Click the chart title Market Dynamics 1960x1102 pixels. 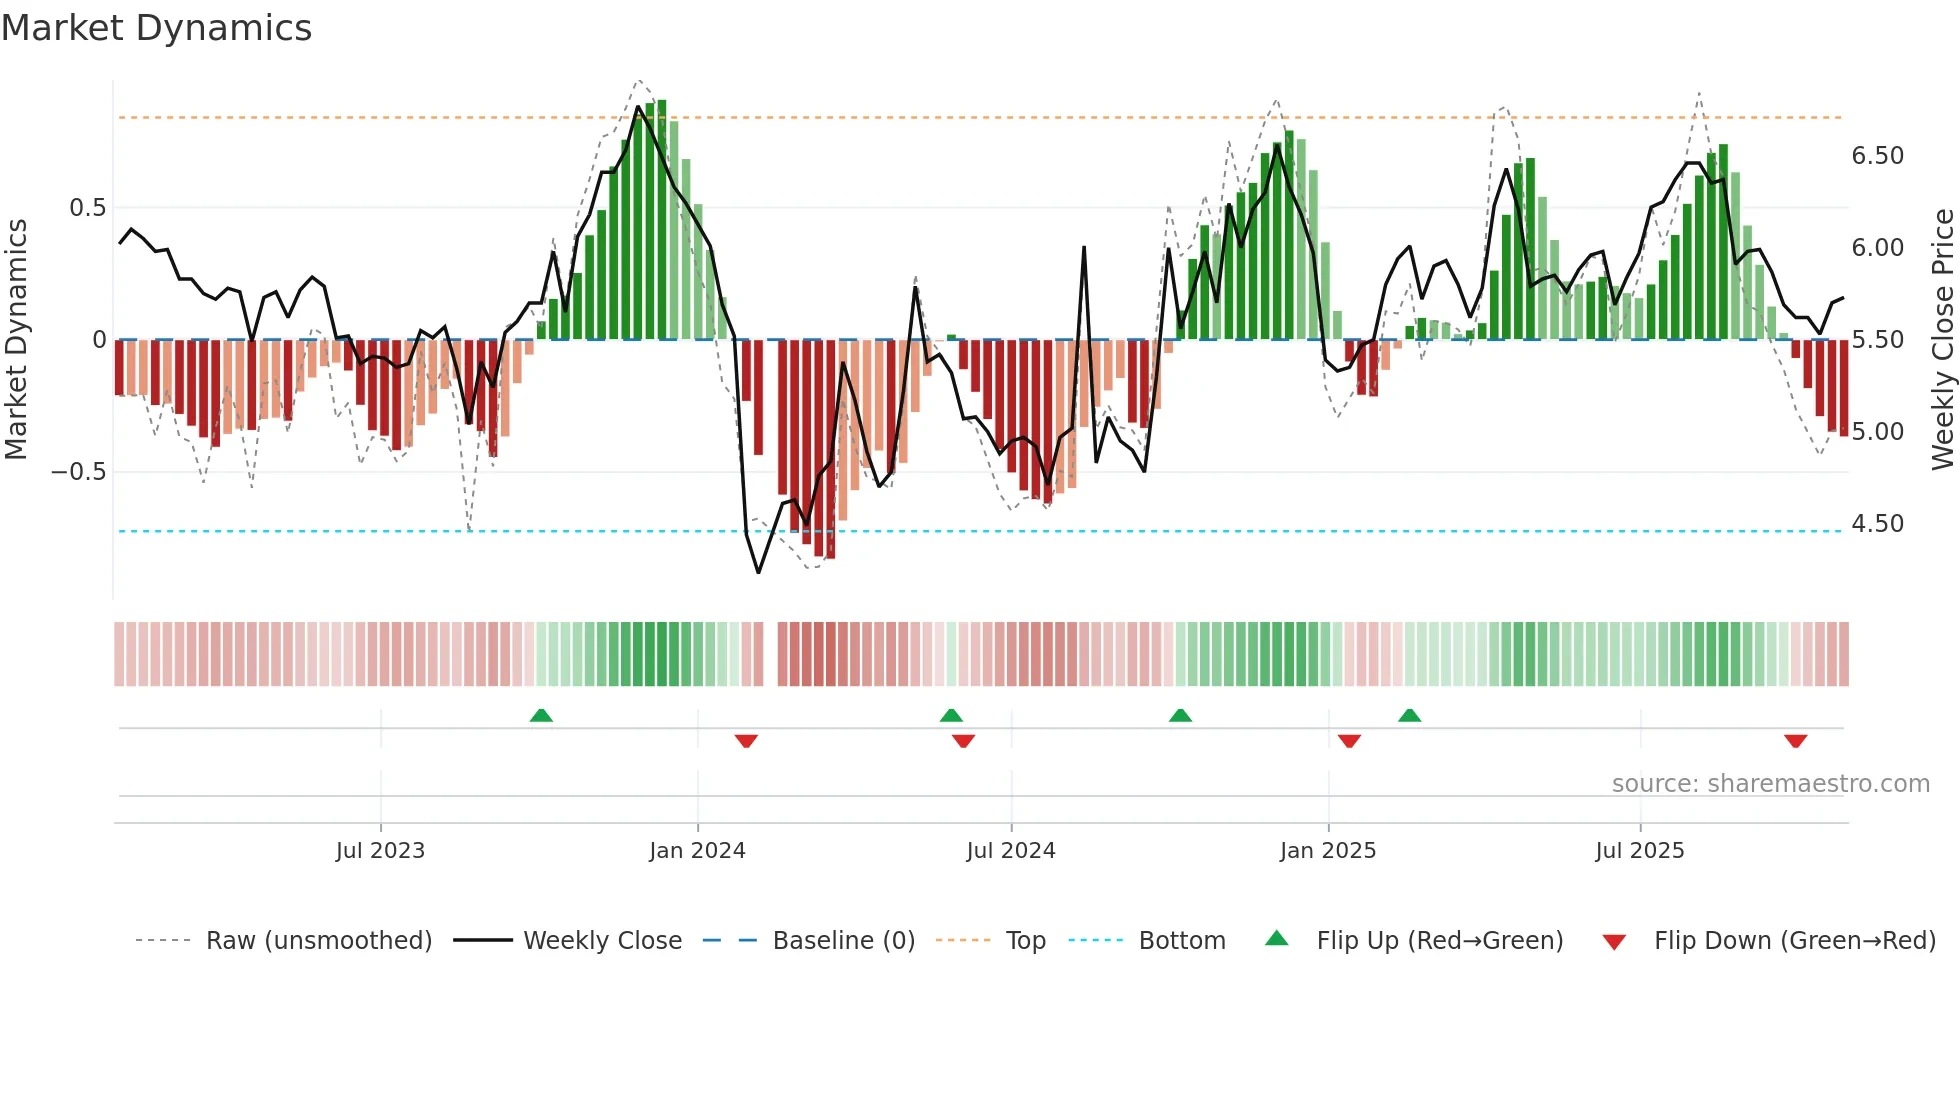click(157, 28)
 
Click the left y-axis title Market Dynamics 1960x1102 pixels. click(16, 340)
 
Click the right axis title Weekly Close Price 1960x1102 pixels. click(1942, 340)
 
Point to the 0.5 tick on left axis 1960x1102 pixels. click(87, 208)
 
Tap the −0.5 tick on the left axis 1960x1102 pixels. click(79, 472)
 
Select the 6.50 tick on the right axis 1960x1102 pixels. click(1877, 156)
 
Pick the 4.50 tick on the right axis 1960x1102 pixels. click(1877, 524)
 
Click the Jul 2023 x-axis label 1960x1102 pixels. click(380, 851)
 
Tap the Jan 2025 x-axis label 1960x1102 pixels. click(1328, 851)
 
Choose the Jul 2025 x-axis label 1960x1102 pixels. click(1640, 851)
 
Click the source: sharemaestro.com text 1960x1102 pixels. click(1770, 784)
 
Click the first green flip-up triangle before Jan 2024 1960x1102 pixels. click(541, 715)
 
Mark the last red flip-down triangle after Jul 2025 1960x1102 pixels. click(1795, 741)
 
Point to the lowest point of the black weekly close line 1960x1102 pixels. click(758, 572)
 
